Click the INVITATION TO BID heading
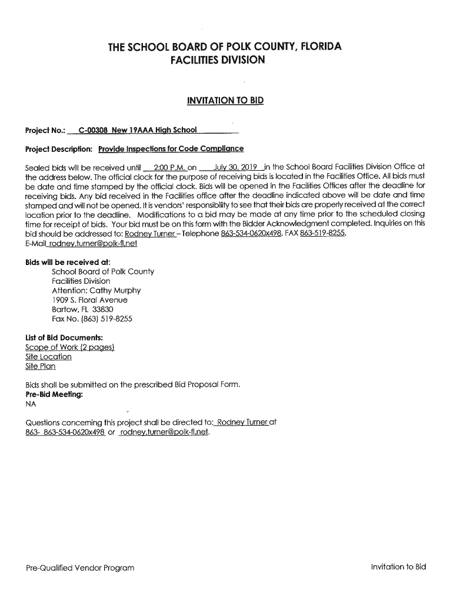point(225,101)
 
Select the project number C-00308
point(93,130)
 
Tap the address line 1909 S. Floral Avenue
point(89,300)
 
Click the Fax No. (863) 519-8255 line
point(92,319)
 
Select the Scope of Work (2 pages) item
point(69,347)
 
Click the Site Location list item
point(49,357)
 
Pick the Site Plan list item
point(41,366)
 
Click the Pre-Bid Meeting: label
point(54,394)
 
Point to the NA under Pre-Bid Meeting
point(31,404)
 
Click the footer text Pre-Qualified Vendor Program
point(80,568)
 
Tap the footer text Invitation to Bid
point(398,566)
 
